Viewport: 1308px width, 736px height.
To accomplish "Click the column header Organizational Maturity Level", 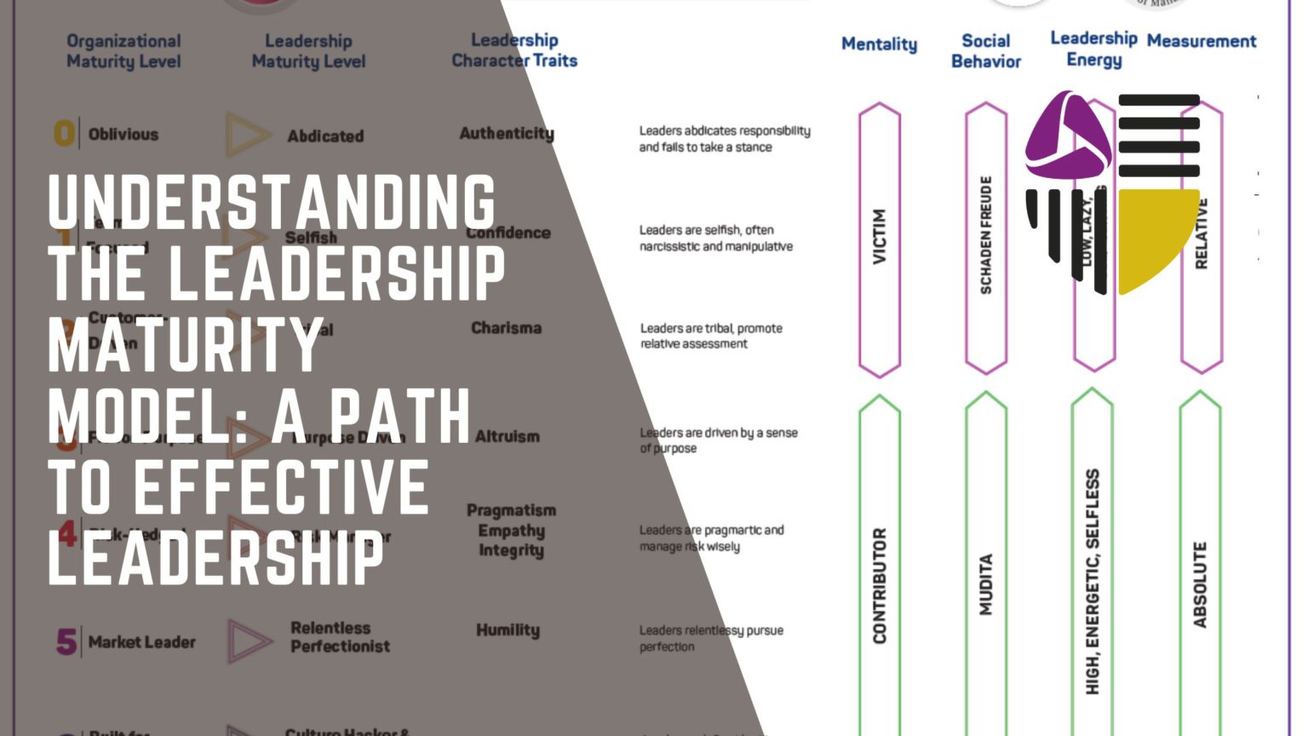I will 123,51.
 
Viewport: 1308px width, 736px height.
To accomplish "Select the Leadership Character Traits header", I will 514,50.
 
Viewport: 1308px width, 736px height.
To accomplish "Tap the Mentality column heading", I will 879,44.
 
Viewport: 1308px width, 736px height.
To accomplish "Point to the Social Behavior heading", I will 985,51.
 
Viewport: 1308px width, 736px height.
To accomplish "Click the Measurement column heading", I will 1201,41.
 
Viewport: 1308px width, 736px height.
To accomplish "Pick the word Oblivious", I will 123,135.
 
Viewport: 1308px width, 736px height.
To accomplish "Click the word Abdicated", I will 325,136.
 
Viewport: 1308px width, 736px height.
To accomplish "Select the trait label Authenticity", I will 507,133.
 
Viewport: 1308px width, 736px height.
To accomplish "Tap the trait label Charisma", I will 506,328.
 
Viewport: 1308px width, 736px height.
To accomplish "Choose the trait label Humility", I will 508,630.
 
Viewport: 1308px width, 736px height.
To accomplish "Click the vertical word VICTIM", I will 880,237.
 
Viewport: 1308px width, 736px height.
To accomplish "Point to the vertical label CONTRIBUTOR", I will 880,585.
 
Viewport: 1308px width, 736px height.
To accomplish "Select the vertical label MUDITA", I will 986,584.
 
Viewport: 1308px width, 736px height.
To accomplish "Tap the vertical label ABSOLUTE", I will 1200,585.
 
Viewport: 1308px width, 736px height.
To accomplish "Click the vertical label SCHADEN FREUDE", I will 986,235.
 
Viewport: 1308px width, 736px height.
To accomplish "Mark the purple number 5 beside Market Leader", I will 66,642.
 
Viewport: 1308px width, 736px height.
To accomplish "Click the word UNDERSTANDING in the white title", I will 272,202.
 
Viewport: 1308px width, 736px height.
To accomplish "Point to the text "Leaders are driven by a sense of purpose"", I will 719,440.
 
